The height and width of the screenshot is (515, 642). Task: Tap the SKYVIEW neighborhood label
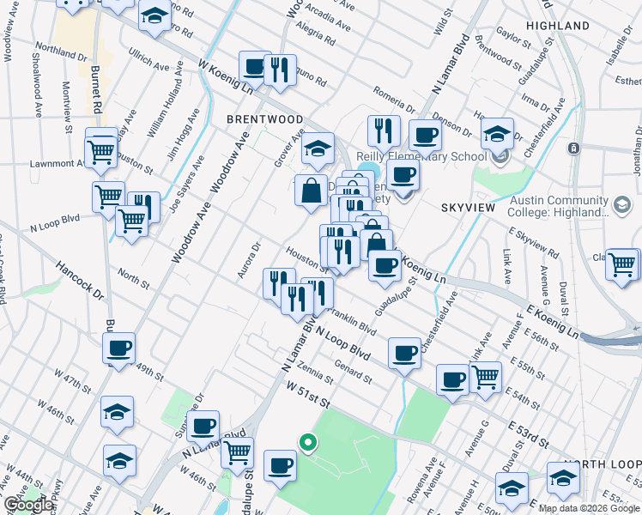tap(469, 209)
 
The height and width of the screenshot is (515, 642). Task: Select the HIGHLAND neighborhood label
tap(558, 27)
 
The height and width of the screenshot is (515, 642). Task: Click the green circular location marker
tap(306, 443)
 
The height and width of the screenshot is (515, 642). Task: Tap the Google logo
tap(28, 505)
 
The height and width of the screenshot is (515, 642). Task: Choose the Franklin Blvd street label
tap(353, 321)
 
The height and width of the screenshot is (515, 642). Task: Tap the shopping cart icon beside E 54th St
tap(486, 375)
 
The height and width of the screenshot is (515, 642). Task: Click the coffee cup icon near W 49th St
tap(118, 348)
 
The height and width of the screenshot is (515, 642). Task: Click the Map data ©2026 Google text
tap(588, 508)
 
